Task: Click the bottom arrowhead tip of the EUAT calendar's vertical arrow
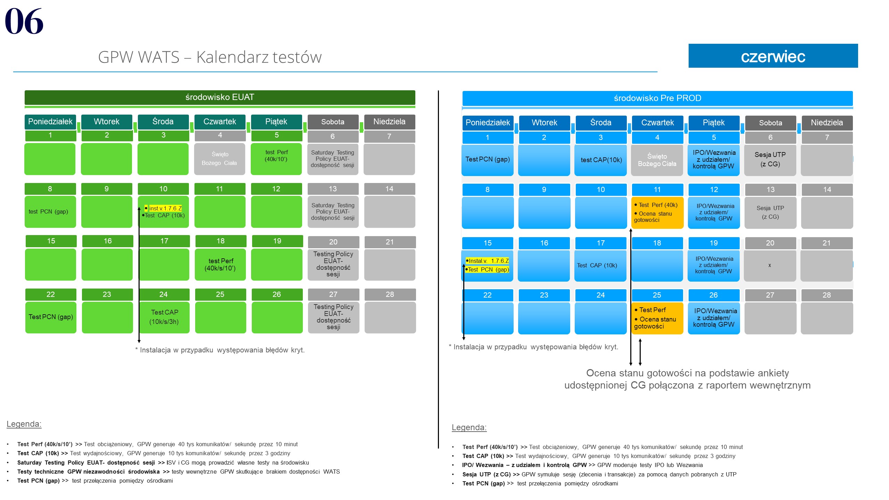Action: [139, 343]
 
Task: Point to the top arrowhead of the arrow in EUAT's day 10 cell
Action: [139, 207]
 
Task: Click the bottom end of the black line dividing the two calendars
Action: [438, 448]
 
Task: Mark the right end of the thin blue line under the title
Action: [657, 72]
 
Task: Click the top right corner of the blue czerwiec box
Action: [858, 44]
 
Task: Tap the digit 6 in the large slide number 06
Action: [34, 22]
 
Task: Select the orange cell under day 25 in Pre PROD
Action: [657, 318]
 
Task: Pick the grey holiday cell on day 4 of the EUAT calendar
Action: [220, 159]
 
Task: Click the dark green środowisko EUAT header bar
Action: [220, 97]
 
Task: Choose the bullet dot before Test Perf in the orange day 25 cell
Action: [636, 310]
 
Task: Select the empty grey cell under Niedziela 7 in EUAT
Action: [389, 159]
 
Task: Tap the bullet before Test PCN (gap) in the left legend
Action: [8, 481]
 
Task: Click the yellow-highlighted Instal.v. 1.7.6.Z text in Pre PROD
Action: [488, 261]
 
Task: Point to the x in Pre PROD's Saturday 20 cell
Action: [770, 265]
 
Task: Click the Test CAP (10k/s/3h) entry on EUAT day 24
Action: [164, 317]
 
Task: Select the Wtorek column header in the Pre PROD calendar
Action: [544, 123]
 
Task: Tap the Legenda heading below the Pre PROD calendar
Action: [469, 427]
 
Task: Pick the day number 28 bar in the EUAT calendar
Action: [390, 294]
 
